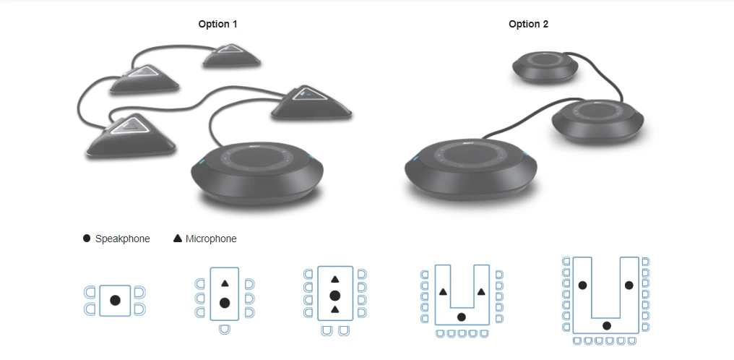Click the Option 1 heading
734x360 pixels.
217,25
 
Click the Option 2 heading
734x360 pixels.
529,25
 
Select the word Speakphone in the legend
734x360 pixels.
123,239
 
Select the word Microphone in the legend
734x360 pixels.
211,239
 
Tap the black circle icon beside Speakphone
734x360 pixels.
87,239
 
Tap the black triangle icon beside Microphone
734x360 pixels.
178,239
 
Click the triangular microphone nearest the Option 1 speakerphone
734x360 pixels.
311,103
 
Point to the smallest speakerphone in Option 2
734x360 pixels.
545,67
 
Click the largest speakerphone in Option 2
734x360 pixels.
470,169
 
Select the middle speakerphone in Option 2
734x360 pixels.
597,121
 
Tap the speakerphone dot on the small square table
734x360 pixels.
115,301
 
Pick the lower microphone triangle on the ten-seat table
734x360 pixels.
334,309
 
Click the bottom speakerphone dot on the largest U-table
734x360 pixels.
607,326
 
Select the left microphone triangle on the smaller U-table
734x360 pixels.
443,292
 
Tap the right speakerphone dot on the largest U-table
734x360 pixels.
629,285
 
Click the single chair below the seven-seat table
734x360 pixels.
225,329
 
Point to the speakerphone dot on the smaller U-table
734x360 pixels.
461,317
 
